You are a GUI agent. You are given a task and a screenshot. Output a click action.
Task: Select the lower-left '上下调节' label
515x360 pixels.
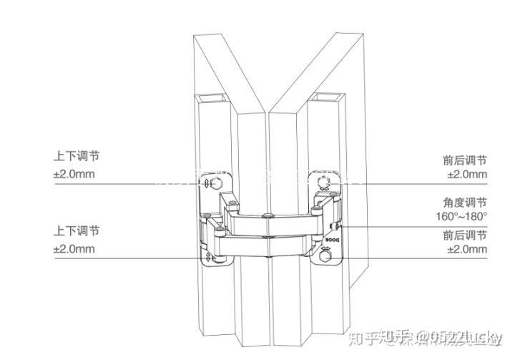point(77,231)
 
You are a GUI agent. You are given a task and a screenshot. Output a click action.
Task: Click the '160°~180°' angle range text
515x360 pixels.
point(461,216)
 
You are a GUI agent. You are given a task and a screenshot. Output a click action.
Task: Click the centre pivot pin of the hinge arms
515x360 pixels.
point(268,215)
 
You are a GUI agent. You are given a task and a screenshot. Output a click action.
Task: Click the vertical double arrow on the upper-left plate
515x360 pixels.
point(207,184)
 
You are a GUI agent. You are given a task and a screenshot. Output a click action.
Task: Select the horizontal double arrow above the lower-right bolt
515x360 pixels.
point(326,248)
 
